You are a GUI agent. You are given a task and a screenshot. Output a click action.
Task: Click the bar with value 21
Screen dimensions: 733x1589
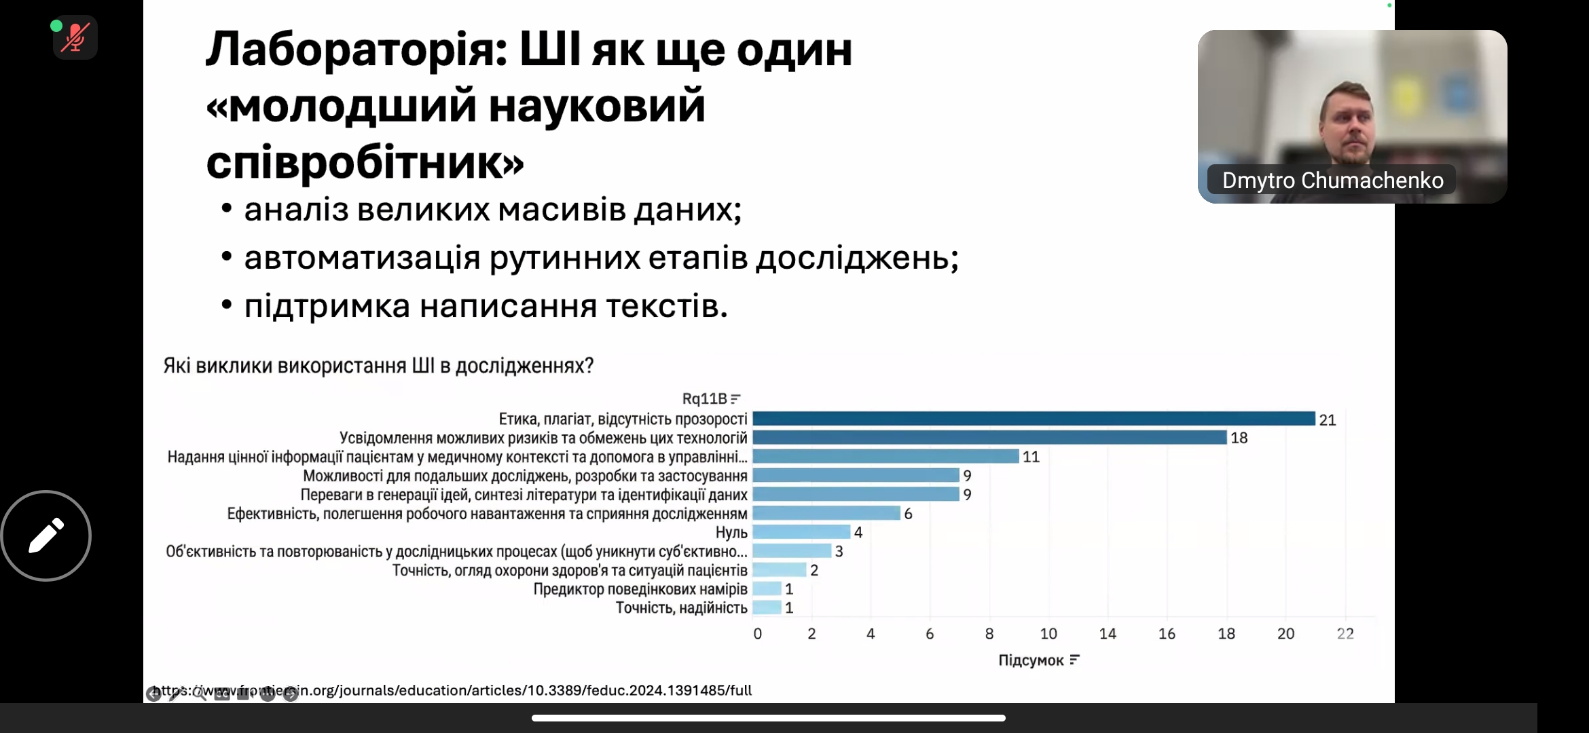[x=1034, y=419]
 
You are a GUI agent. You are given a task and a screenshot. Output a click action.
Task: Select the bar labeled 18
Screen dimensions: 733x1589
[x=989, y=438]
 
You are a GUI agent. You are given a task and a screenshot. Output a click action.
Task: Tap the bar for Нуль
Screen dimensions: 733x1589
[x=801, y=532]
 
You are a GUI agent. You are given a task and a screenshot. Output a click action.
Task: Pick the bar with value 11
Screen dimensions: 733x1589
[x=885, y=457]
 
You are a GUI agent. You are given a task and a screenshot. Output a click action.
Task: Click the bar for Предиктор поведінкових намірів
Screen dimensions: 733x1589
[x=767, y=589]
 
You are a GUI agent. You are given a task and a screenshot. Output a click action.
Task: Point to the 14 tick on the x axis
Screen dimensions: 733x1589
[x=1108, y=634]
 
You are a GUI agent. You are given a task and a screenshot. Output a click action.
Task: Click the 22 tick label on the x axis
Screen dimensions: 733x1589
[x=1345, y=634]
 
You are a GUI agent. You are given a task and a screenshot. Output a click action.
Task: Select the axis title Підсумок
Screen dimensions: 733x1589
[x=1031, y=660]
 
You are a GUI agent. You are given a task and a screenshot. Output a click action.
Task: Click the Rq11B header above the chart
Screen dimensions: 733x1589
[x=704, y=398]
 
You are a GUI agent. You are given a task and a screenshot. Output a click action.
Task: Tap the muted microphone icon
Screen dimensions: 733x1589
[x=75, y=37]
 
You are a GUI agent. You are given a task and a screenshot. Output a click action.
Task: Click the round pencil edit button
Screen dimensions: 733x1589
[x=46, y=535]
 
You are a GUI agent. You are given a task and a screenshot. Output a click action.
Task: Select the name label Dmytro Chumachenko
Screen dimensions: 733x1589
[x=1332, y=181]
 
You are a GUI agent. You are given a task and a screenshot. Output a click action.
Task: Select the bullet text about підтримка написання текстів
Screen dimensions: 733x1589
[x=486, y=306]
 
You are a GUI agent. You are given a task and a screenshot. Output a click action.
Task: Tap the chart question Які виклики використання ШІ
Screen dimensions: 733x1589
[x=378, y=366]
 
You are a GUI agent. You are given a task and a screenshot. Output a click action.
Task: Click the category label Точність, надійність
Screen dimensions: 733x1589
[x=681, y=608]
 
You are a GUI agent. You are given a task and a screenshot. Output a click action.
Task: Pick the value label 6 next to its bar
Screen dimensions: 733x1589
[x=908, y=514]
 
